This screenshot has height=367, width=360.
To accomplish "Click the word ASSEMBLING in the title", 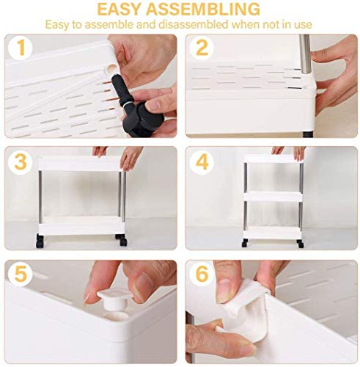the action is click(x=204, y=10).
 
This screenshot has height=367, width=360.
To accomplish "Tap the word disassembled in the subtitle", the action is click(x=193, y=24).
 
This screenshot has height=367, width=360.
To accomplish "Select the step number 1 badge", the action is click(x=21, y=48).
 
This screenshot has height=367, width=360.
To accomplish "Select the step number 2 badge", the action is click(x=202, y=48).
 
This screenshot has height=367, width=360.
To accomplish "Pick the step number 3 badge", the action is click(x=21, y=161).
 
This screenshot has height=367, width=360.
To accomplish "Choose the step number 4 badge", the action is click(x=202, y=161).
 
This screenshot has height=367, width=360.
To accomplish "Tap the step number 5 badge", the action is click(x=21, y=274).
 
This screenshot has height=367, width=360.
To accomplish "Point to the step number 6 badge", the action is click(x=202, y=274).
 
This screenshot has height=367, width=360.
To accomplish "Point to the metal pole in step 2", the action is click(x=305, y=54).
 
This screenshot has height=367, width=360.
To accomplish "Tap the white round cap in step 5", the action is click(x=114, y=299).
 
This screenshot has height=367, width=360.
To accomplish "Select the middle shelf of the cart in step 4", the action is click(x=273, y=196).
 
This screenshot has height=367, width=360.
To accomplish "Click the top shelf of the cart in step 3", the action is click(x=79, y=163).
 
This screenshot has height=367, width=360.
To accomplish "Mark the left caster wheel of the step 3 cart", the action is click(x=40, y=240).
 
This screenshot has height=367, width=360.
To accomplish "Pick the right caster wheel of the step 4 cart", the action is click(x=300, y=243).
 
